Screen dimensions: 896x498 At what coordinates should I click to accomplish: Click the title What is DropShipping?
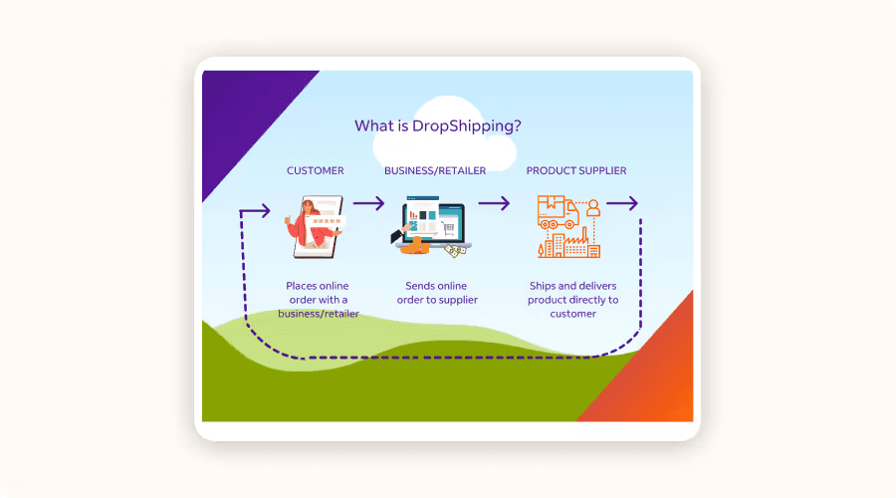coord(438,125)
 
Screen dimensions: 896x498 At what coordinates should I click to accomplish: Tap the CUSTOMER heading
coord(316,170)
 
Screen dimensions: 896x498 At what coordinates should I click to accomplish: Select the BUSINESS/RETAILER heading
coord(435,170)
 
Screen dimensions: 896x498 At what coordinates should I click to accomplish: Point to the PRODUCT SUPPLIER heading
coord(576,170)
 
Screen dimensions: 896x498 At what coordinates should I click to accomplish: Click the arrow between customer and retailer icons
coord(368,203)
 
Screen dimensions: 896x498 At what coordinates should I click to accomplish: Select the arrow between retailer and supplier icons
coord(494,203)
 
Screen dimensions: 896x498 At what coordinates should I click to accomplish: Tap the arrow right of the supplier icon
coord(621,203)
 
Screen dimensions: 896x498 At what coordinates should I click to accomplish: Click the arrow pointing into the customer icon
coord(255,211)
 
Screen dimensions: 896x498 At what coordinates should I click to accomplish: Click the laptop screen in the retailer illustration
coord(433,222)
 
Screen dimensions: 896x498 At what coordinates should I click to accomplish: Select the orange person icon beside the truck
coord(593,207)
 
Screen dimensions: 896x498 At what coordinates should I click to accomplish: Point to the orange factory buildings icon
coord(569,245)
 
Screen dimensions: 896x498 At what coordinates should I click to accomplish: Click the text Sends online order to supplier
coord(437,293)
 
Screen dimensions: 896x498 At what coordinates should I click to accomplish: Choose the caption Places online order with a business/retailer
coord(319,300)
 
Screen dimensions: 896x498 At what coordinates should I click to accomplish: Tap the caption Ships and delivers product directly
coord(573,293)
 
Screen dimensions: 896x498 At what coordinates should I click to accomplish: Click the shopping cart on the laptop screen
coord(449,229)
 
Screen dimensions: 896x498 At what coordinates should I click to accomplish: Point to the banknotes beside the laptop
coord(455,250)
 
